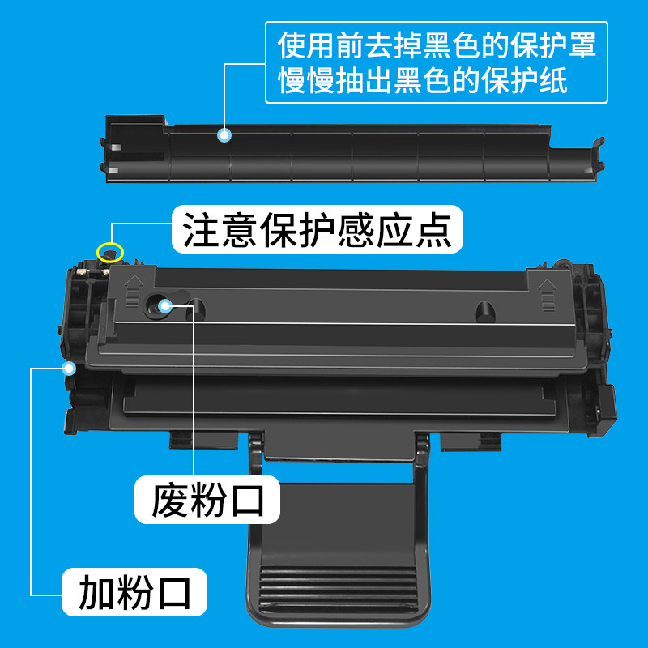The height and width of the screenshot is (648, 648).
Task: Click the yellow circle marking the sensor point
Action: click(x=109, y=253)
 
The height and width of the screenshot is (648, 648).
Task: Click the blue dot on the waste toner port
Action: click(x=166, y=305)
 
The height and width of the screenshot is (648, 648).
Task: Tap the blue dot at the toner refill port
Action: click(x=70, y=368)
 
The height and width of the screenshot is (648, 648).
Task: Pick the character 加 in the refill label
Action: click(x=96, y=591)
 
